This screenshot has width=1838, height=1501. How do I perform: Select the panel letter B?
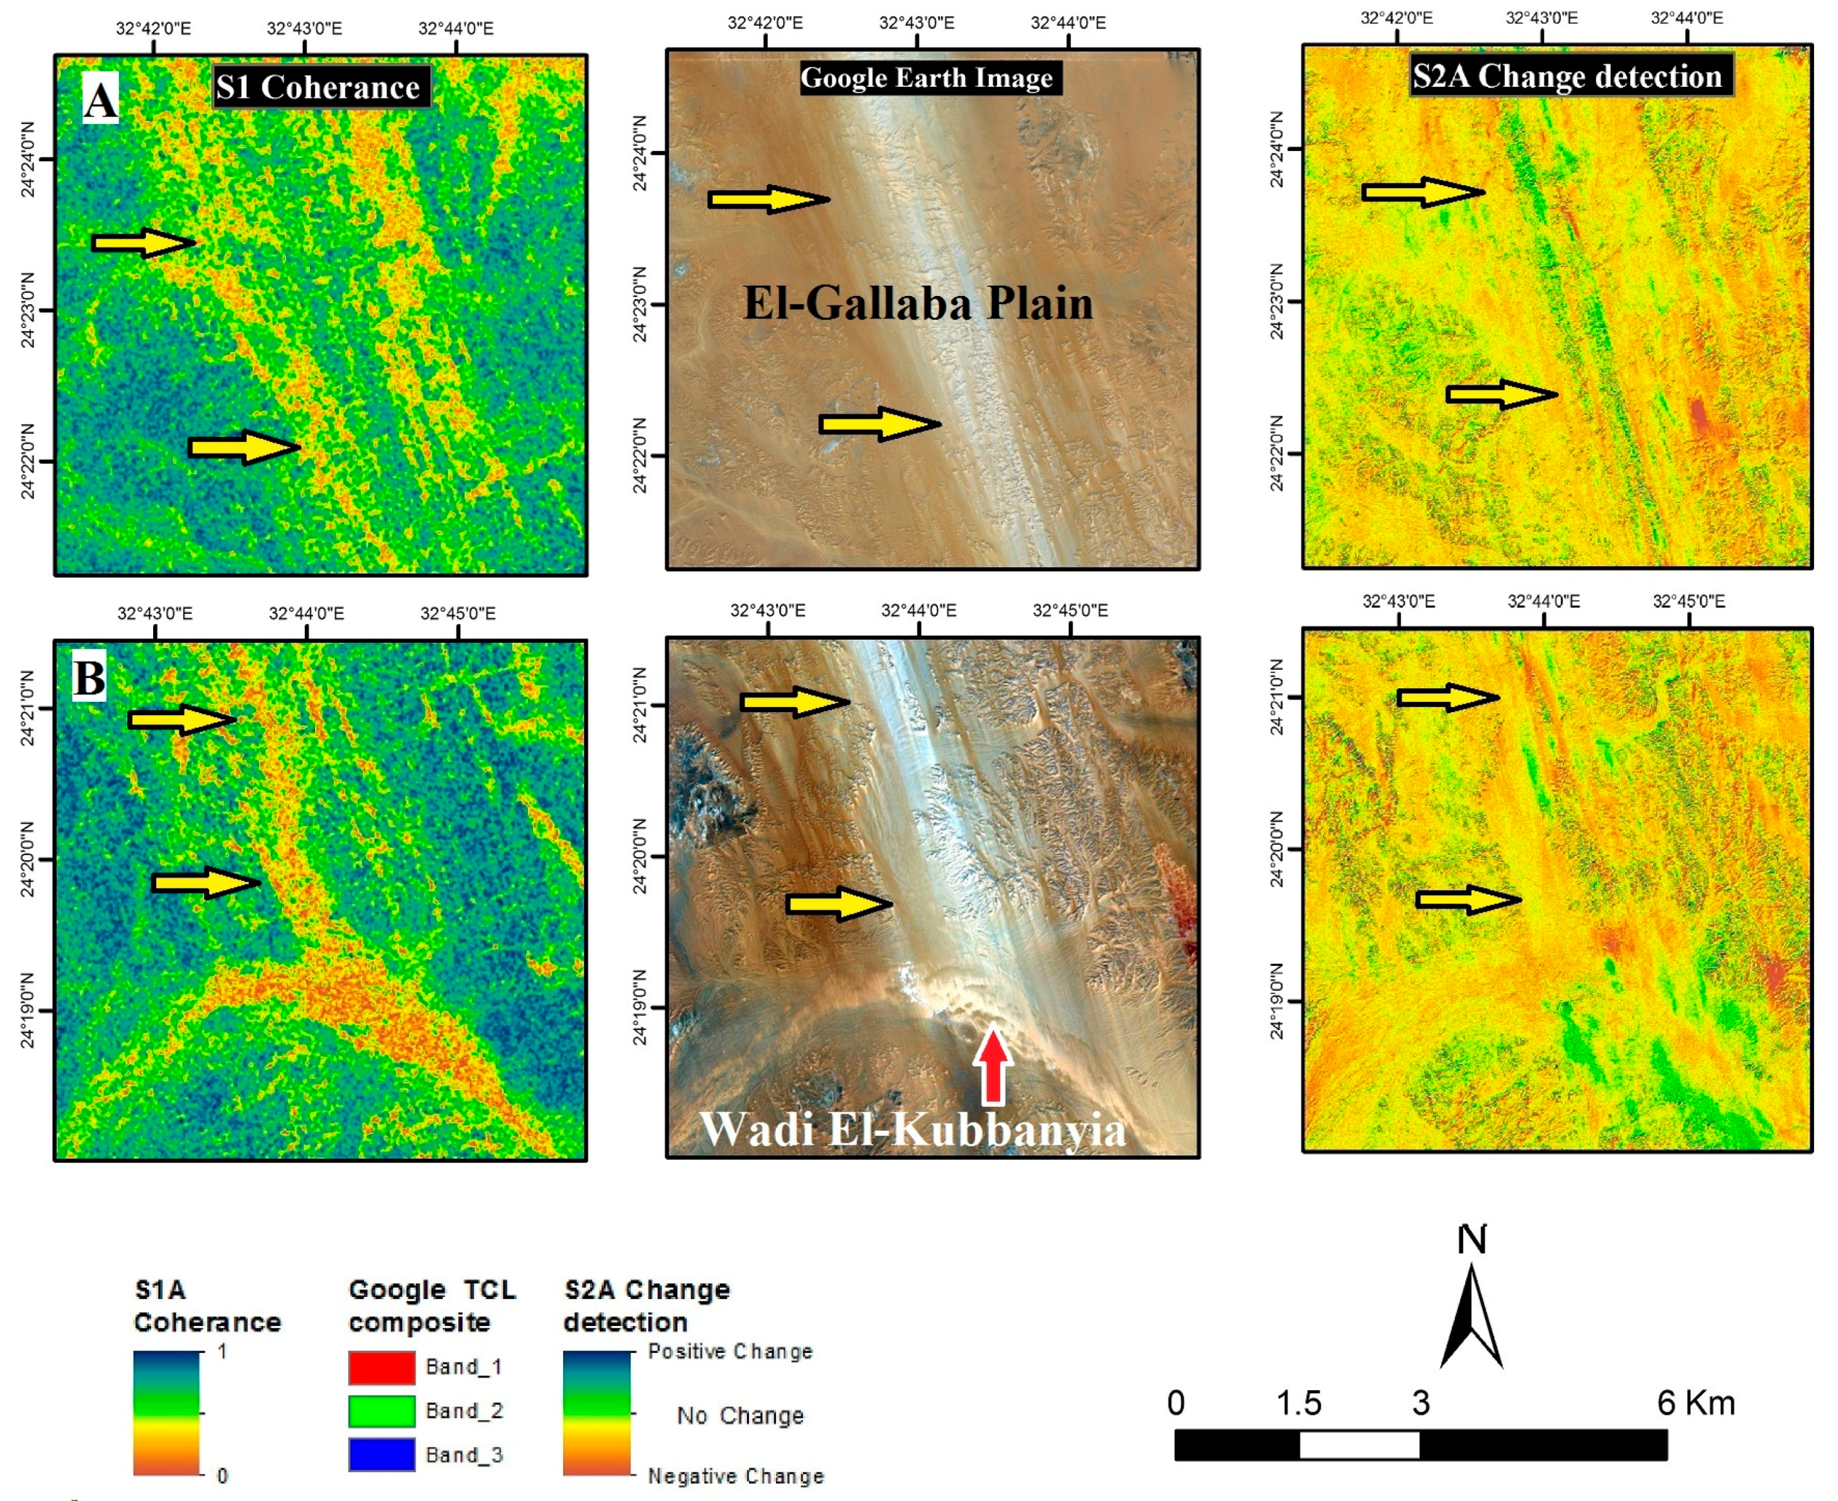[x=89, y=678]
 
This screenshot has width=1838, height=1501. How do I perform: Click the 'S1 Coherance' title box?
[x=321, y=87]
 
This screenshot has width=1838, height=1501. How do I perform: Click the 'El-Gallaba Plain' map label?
[x=918, y=304]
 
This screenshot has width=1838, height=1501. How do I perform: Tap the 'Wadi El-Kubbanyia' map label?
[x=912, y=1129]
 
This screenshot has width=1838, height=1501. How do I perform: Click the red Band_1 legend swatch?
[x=381, y=1367]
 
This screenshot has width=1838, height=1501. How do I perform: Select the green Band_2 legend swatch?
[x=381, y=1411]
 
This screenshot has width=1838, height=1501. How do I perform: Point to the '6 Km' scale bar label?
[x=1695, y=1403]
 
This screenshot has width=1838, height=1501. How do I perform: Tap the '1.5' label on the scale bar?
[x=1298, y=1403]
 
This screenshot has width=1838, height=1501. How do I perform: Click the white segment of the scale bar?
[x=1359, y=1445]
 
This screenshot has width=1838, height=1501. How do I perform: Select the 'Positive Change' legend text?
[x=730, y=1352]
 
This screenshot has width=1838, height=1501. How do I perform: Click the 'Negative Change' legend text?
[x=735, y=1476]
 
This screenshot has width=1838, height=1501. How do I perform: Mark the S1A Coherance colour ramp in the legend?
[x=166, y=1413]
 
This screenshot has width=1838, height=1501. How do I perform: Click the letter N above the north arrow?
[x=1471, y=1240]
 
